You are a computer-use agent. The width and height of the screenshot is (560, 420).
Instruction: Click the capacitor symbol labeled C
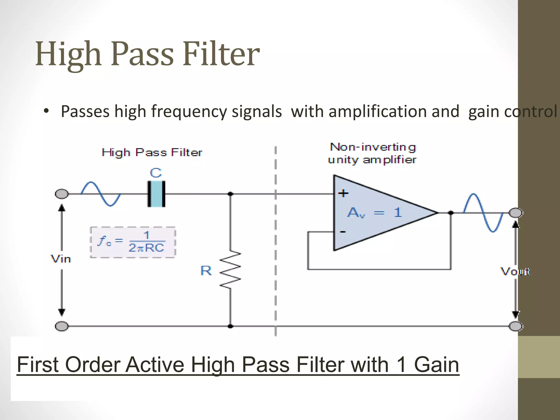click(156, 194)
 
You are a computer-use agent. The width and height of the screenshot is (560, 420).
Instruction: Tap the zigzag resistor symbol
click(231, 270)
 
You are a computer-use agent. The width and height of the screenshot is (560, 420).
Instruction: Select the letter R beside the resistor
click(206, 271)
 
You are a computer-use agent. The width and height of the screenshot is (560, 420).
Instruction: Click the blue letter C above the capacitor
click(156, 173)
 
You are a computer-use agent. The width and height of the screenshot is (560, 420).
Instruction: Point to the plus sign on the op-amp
click(343, 193)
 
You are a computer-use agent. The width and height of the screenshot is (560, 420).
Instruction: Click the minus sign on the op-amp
click(343, 232)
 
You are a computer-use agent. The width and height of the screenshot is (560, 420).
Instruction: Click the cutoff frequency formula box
click(133, 242)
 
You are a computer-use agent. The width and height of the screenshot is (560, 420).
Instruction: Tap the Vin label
click(61, 259)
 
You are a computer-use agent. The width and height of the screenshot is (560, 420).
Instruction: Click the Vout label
click(515, 272)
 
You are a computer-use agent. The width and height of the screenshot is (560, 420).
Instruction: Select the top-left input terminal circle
click(62, 194)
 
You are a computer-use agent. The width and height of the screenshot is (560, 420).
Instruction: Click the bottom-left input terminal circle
click(62, 326)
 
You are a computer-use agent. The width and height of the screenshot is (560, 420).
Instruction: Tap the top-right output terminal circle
click(516, 213)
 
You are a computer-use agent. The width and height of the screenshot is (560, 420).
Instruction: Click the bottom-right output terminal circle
click(516, 326)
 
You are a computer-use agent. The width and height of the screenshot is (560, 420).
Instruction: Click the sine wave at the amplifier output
click(483, 213)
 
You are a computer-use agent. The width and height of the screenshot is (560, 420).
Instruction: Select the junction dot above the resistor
click(231, 194)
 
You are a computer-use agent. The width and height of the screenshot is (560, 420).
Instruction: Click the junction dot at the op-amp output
click(451, 213)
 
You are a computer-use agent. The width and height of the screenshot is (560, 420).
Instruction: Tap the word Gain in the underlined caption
click(436, 365)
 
